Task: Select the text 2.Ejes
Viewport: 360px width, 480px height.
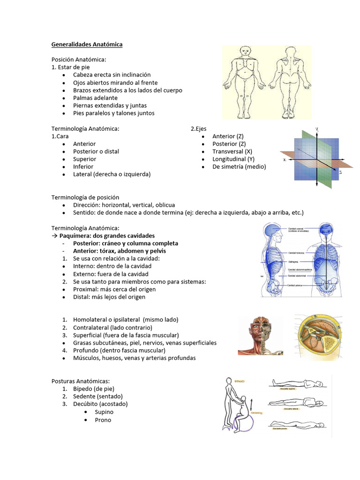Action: [198, 128]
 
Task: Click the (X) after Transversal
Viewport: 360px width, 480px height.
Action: [248, 151]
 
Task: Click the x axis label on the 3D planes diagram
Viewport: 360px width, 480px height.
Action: [285, 159]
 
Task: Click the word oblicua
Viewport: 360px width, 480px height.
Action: [165, 205]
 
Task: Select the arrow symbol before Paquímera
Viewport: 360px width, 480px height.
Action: [54, 236]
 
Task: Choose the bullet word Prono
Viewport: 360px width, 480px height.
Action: [103, 420]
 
